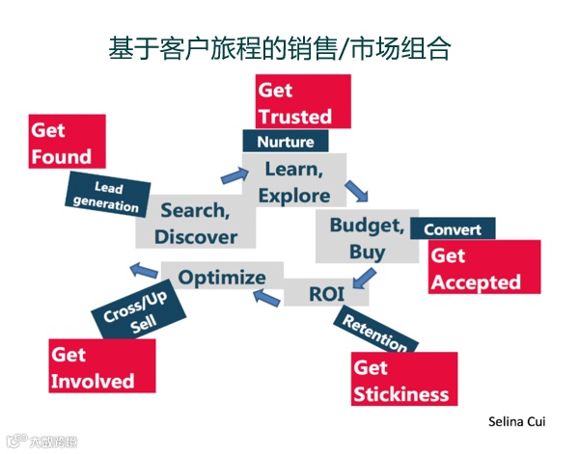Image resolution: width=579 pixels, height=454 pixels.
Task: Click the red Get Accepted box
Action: (480, 269)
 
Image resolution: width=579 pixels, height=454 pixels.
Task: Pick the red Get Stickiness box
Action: (402, 380)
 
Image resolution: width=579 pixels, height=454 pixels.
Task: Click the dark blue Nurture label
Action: (286, 142)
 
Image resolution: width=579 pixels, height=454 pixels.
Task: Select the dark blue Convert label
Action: (453, 229)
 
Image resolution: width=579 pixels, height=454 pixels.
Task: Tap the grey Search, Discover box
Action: (197, 223)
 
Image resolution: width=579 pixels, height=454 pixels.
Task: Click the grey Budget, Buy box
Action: (366, 238)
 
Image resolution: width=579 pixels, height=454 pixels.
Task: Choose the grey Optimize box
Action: (222, 278)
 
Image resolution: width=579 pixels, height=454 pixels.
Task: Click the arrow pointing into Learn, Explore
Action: (234, 175)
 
